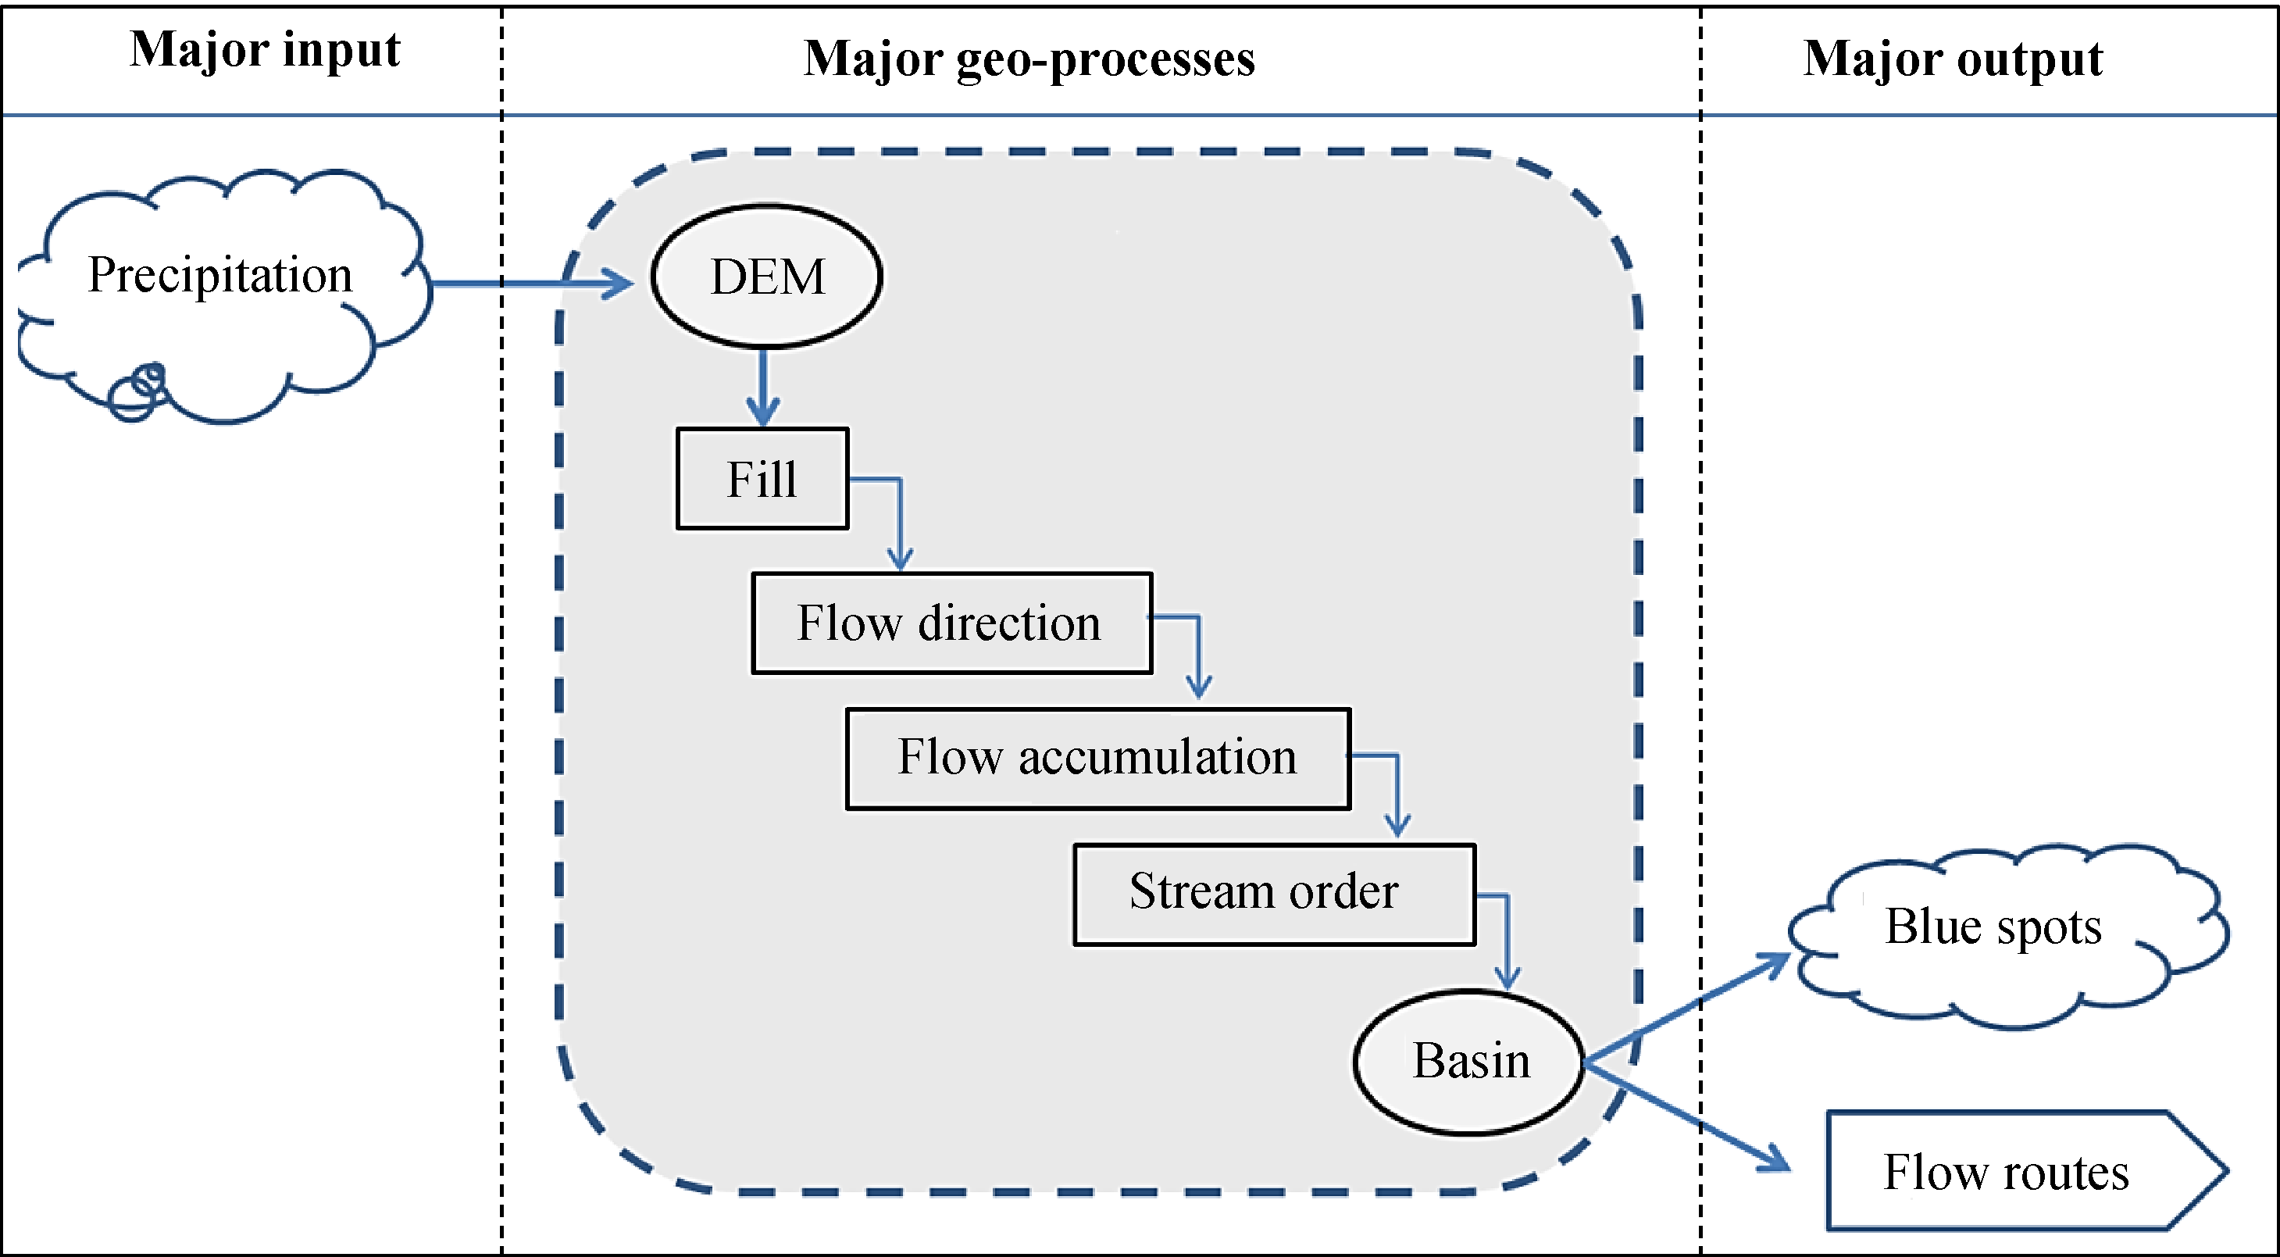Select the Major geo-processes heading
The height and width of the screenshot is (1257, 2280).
coord(1029,59)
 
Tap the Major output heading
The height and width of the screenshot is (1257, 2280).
coord(1953,59)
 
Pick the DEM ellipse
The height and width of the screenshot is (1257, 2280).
coord(766,277)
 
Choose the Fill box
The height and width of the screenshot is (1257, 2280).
coord(762,479)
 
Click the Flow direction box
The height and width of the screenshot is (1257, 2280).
coord(951,623)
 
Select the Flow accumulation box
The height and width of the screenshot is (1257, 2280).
coord(1097,758)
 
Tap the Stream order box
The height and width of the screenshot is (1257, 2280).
coord(1274,893)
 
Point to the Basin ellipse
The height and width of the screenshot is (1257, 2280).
coord(1469,1062)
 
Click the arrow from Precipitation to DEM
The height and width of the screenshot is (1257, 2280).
coord(531,284)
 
